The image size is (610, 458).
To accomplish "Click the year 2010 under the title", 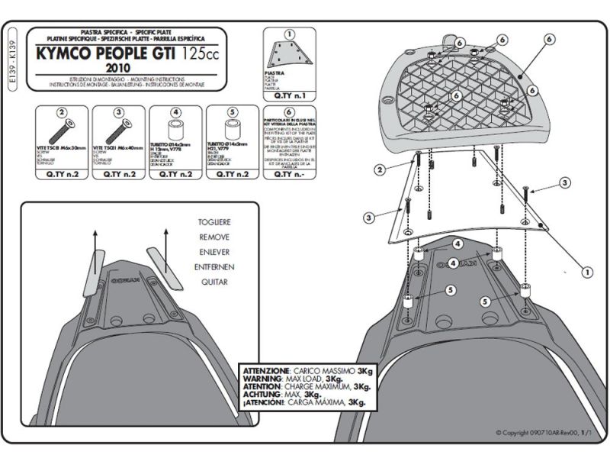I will click(129, 68).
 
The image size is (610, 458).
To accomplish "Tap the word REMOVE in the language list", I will click(214, 237).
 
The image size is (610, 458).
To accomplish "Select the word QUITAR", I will click(214, 281).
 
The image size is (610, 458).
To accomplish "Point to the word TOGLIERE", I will click(214, 222).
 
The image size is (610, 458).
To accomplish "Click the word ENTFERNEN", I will click(214, 266).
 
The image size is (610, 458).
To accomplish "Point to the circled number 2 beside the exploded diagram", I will click(379, 170).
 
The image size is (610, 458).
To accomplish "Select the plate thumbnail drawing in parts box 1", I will click(287, 53).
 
